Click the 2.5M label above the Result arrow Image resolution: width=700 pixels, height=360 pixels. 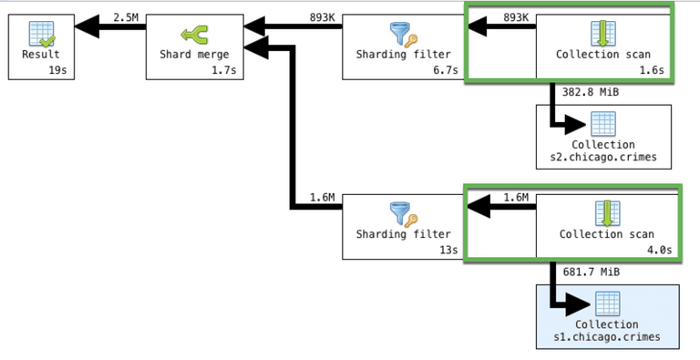[126, 17]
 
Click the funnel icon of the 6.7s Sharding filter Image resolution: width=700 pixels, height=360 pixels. [402, 35]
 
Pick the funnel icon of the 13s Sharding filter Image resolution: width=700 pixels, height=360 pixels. [402, 215]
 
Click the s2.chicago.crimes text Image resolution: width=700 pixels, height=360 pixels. [603, 157]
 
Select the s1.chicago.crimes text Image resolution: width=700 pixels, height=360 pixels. [603, 338]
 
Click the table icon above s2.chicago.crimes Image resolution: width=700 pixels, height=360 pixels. [603, 123]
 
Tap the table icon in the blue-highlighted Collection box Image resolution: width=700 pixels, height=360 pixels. [603, 303]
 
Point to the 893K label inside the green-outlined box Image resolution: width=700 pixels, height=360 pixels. [516, 17]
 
